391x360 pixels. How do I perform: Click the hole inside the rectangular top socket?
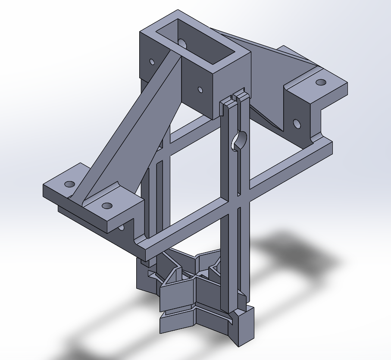point(182,43)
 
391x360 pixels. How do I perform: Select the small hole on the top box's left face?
point(152,62)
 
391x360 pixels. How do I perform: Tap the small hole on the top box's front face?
point(200,90)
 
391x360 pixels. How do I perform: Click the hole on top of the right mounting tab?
point(320,82)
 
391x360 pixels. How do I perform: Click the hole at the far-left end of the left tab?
point(69,184)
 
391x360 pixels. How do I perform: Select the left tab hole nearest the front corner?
point(107,205)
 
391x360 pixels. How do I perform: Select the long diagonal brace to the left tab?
point(129,129)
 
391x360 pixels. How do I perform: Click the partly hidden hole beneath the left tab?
point(121,227)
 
